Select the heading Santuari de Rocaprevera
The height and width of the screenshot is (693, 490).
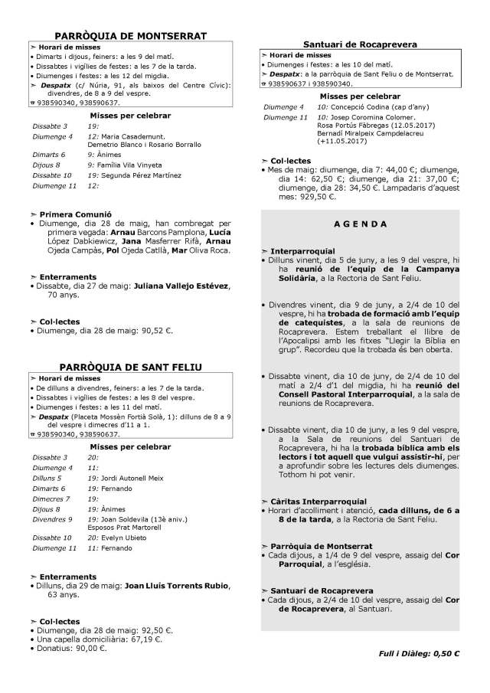pyautogui.click(x=361, y=45)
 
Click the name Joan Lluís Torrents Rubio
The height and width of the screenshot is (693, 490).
pyautogui.click(x=177, y=586)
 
